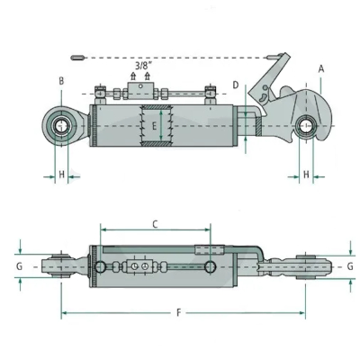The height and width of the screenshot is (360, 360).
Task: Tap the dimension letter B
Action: point(61,81)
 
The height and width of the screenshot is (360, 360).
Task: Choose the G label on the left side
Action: point(20,266)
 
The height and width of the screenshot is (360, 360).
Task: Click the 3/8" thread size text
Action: point(142,66)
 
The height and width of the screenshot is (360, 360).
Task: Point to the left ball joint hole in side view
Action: point(61,121)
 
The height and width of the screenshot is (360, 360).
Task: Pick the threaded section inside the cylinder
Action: point(154,126)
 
